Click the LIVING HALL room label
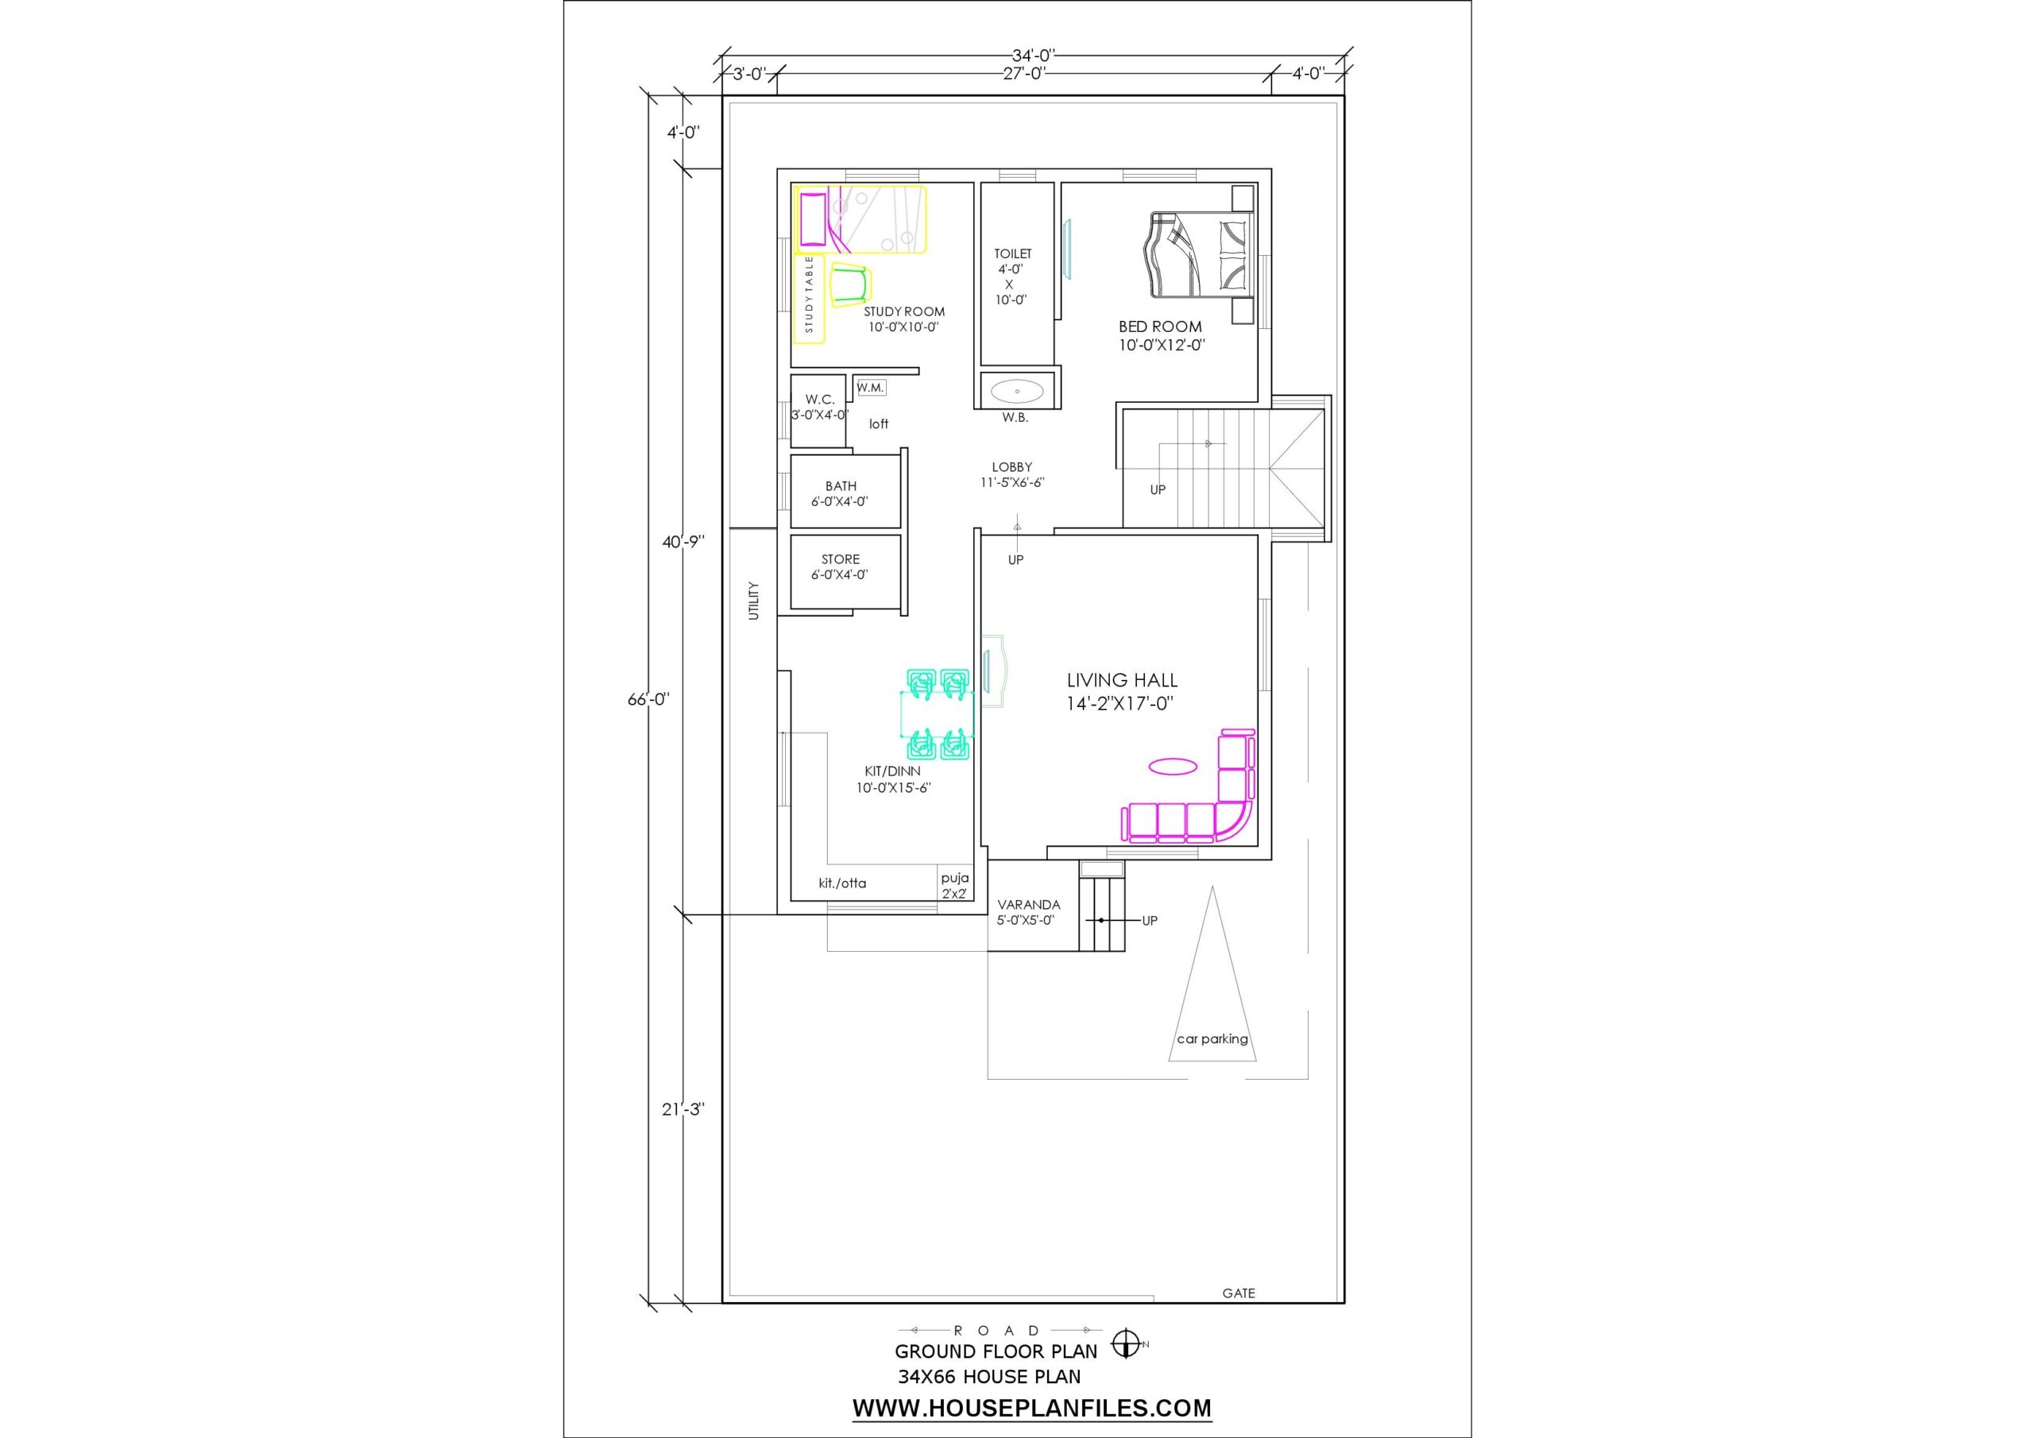(x=1122, y=680)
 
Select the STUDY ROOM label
(x=904, y=312)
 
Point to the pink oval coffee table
(x=1173, y=767)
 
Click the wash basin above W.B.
(x=1016, y=390)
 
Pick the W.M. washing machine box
(x=870, y=388)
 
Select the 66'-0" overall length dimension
(x=648, y=699)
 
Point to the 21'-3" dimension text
(x=683, y=1109)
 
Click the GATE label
(x=1239, y=1293)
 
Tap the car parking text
(x=1212, y=1039)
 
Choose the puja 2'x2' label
(x=955, y=886)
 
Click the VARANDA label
(x=1028, y=905)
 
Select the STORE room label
(x=840, y=559)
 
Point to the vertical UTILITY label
(x=754, y=601)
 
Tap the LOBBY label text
(x=1011, y=467)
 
